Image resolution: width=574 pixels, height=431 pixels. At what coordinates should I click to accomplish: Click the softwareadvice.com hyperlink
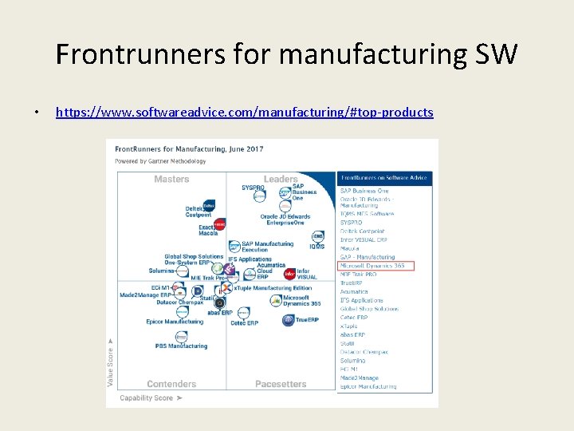tap(244, 113)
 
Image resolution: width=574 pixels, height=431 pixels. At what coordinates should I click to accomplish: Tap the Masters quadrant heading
tap(171, 180)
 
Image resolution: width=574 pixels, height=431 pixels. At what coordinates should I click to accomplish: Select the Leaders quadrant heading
tap(281, 180)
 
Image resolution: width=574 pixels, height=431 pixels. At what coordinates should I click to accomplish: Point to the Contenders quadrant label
tap(171, 384)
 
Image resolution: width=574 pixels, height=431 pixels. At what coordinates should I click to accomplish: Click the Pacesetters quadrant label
tap(281, 384)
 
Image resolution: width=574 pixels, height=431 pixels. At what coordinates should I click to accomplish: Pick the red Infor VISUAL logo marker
tap(290, 273)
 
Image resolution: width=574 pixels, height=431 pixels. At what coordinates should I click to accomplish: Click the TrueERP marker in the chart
tap(289, 320)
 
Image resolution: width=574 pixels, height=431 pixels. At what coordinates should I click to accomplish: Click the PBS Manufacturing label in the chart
tap(181, 346)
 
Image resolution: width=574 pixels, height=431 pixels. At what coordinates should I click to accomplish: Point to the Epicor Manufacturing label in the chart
tap(175, 322)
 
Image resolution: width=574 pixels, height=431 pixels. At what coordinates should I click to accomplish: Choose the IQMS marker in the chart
tap(318, 236)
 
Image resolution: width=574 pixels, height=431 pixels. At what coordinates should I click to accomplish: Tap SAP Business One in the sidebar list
tap(364, 191)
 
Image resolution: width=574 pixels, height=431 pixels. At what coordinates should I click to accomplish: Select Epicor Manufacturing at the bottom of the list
tap(368, 386)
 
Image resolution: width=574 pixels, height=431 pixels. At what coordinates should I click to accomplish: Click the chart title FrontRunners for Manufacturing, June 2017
tap(189, 149)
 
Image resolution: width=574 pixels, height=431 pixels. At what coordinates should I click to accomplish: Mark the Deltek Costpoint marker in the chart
tap(210, 205)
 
